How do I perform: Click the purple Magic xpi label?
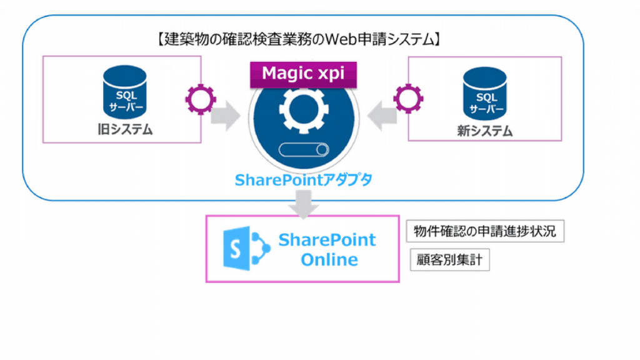pyautogui.click(x=303, y=73)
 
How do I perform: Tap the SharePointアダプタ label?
pyautogui.click(x=303, y=181)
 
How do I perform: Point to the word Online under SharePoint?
pyautogui.click(x=329, y=260)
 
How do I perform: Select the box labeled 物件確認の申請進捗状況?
pyautogui.click(x=485, y=232)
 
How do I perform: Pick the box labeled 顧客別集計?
pyautogui.click(x=449, y=261)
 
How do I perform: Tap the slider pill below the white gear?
pyautogui.click(x=303, y=149)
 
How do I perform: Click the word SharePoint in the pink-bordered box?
pyautogui.click(x=327, y=239)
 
